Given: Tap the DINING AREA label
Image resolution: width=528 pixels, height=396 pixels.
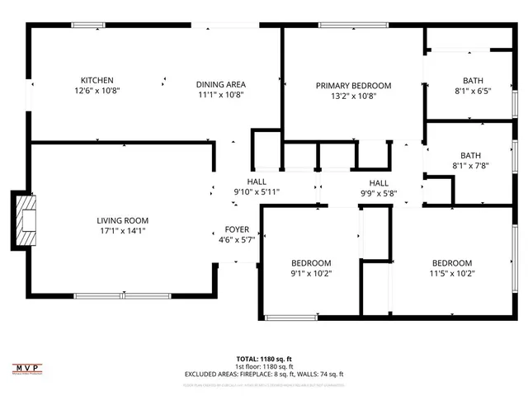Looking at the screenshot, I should (x=220, y=84).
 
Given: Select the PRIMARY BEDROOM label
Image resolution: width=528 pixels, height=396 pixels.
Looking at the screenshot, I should (x=353, y=85).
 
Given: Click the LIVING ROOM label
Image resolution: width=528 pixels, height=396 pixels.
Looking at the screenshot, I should (x=123, y=220).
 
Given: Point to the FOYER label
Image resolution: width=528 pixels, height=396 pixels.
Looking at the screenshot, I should (x=238, y=229).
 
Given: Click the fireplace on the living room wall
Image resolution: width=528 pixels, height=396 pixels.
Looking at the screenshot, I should (x=26, y=220).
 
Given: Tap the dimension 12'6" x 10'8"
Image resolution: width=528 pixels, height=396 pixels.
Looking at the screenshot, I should (x=97, y=92).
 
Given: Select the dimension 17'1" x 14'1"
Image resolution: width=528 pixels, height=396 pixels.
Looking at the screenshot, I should (x=123, y=232).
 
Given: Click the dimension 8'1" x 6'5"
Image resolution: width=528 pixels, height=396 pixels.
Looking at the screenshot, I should (x=472, y=92).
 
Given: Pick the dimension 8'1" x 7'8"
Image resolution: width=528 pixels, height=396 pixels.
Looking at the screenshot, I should (x=470, y=166).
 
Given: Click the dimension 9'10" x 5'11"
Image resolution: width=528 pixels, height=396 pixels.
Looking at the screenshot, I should (x=257, y=192).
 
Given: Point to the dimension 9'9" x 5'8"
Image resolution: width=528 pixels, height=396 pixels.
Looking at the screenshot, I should (x=379, y=194).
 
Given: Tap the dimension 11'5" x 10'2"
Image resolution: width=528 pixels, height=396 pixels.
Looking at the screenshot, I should (x=453, y=274).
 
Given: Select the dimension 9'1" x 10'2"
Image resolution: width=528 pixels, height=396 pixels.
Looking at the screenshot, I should (x=311, y=274).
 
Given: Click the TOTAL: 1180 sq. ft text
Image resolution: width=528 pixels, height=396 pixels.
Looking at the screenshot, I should (x=264, y=359).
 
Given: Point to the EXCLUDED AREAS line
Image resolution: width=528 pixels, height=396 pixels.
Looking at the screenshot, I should (x=264, y=374).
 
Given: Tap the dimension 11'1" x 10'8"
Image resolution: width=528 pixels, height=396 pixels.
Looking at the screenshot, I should (x=220, y=95).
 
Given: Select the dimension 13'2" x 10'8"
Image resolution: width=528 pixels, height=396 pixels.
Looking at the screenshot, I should (x=353, y=96).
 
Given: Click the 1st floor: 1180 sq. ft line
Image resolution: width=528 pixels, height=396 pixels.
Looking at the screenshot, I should (x=264, y=366).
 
